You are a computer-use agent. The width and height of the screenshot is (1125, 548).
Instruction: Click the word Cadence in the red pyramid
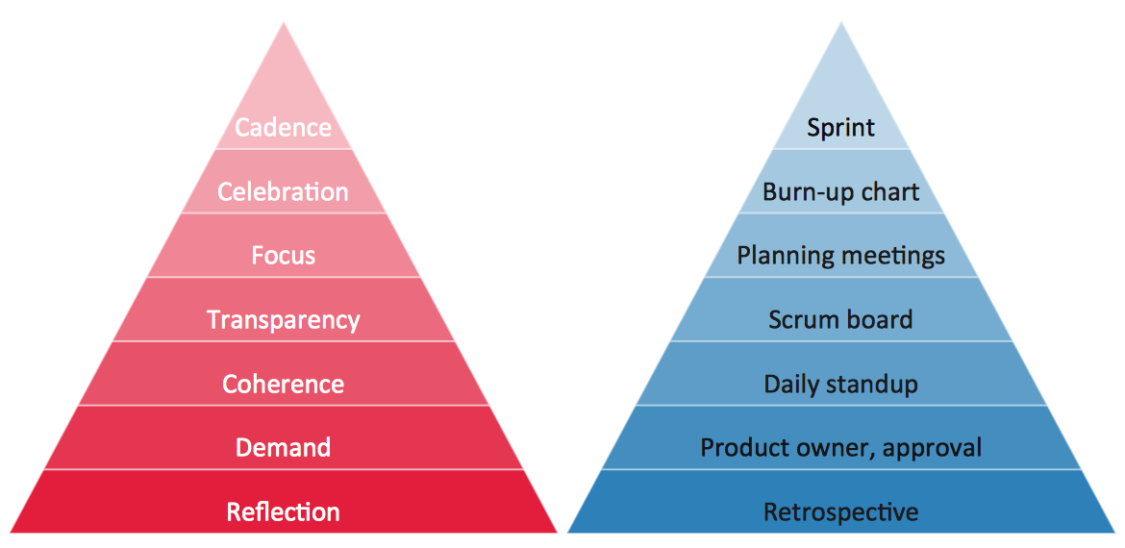click(x=283, y=128)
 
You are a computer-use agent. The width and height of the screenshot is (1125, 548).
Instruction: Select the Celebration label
click(x=283, y=191)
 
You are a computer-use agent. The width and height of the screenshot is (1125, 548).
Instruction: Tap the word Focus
click(x=283, y=256)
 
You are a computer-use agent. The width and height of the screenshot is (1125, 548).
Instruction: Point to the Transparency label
click(x=283, y=320)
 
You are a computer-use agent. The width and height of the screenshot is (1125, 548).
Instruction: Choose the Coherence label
click(x=283, y=384)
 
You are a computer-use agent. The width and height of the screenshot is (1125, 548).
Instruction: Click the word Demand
click(x=283, y=448)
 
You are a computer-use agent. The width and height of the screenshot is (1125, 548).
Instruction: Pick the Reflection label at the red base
click(x=283, y=511)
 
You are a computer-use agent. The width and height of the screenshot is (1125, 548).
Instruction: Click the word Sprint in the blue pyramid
click(x=840, y=128)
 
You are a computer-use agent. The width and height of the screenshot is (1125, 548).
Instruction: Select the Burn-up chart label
click(x=840, y=191)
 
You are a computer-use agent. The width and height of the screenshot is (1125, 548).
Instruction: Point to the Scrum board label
click(x=840, y=320)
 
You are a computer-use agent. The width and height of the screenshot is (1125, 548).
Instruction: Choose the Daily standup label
click(x=840, y=385)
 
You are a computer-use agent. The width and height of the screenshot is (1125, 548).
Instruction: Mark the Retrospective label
click(x=840, y=512)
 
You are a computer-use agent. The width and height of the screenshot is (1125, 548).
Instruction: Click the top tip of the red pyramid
click(x=283, y=26)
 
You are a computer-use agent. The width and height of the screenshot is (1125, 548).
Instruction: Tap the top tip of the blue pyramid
click(x=841, y=26)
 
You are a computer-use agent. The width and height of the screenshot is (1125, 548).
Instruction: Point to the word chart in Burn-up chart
click(x=889, y=191)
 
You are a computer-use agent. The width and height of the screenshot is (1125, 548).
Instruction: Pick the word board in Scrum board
click(x=880, y=320)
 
